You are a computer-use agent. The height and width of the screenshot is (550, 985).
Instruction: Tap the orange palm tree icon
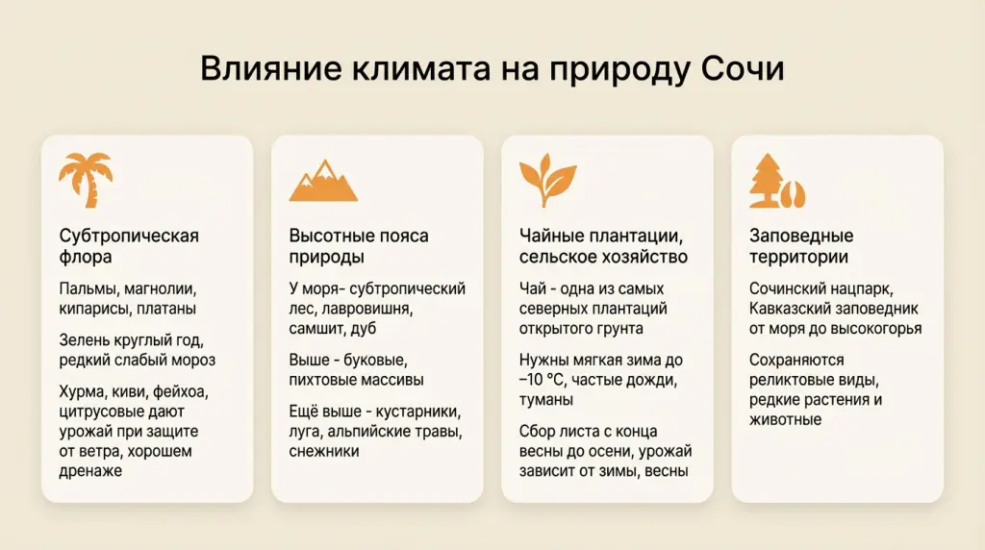point(86,180)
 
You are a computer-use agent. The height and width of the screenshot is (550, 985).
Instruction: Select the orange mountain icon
point(323,181)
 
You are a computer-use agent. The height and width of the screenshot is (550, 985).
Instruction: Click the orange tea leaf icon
point(547,178)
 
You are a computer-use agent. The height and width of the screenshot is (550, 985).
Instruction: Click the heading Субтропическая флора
point(129,246)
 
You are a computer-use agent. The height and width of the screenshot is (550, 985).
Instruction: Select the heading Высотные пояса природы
point(359,246)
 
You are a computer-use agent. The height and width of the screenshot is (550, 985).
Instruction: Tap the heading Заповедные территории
point(801,246)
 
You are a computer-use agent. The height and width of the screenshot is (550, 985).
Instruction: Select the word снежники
point(324,451)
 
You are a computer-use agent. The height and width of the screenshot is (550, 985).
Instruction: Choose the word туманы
point(546,400)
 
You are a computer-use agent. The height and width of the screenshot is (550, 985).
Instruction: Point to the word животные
point(786,419)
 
